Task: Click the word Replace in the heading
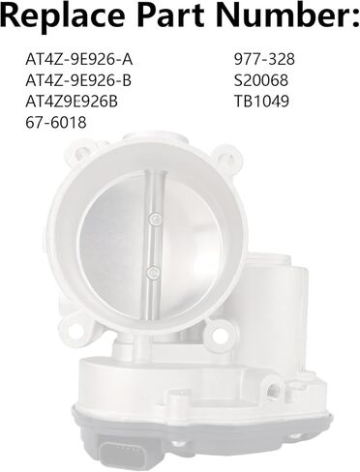tap(60, 19)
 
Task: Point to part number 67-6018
tap(55, 122)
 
